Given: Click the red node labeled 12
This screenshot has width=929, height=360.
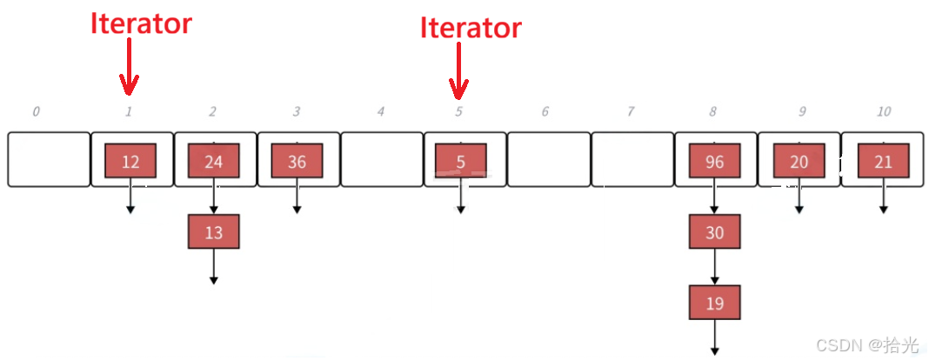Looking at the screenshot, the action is tap(130, 162).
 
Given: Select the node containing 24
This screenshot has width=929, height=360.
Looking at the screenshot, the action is tap(213, 162).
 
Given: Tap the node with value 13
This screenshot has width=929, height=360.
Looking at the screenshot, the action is tap(213, 232).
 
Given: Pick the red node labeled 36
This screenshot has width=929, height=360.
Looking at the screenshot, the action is tap(297, 162).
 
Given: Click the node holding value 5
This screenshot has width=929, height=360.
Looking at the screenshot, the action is tap(460, 162).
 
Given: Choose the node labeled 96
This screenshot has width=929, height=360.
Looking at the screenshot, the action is tap(714, 162).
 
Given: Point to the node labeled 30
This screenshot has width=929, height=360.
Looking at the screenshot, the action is tap(714, 232).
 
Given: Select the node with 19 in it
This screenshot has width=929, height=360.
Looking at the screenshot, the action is tap(714, 303).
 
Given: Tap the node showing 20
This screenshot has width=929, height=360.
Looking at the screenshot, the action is tap(799, 162).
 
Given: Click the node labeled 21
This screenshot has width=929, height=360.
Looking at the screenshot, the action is tap(883, 162).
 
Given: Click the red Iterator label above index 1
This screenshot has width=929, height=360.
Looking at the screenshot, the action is tap(141, 23).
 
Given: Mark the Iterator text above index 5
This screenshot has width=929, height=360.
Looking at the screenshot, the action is tap(471, 28).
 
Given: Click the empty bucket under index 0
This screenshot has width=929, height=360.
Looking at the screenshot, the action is tap(49, 159).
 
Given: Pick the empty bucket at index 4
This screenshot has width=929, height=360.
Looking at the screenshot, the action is tap(381, 159).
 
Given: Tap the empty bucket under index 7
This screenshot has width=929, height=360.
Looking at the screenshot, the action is tap(632, 159).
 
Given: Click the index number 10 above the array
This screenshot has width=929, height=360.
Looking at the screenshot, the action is tap(883, 111).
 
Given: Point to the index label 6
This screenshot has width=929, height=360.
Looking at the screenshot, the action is tap(545, 111).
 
